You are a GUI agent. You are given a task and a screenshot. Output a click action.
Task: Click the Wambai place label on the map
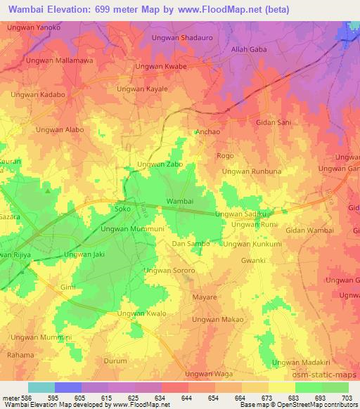click(x=179, y=201)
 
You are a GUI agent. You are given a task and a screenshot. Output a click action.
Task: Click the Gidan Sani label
click(x=274, y=122)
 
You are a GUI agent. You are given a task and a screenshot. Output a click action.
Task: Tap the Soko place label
click(x=122, y=209)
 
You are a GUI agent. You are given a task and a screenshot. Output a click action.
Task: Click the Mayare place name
click(x=205, y=297)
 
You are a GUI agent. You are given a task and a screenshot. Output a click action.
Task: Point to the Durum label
click(x=115, y=361)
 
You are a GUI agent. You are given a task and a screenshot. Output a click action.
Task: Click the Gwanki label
click(x=252, y=260)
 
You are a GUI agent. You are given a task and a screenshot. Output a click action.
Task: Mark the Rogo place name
click(x=225, y=155)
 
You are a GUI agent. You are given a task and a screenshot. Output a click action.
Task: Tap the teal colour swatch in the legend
click(x=41, y=387)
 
